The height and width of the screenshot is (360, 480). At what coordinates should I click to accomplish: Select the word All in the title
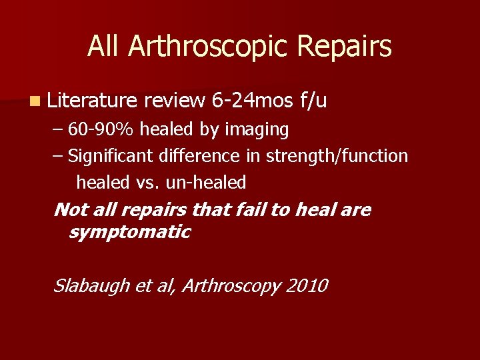click(105, 47)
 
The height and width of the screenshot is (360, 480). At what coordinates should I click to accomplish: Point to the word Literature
click(92, 101)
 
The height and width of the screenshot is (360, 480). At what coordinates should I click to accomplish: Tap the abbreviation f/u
click(313, 101)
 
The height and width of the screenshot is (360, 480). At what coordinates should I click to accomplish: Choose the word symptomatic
click(129, 232)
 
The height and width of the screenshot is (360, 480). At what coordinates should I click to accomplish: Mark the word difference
click(199, 156)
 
